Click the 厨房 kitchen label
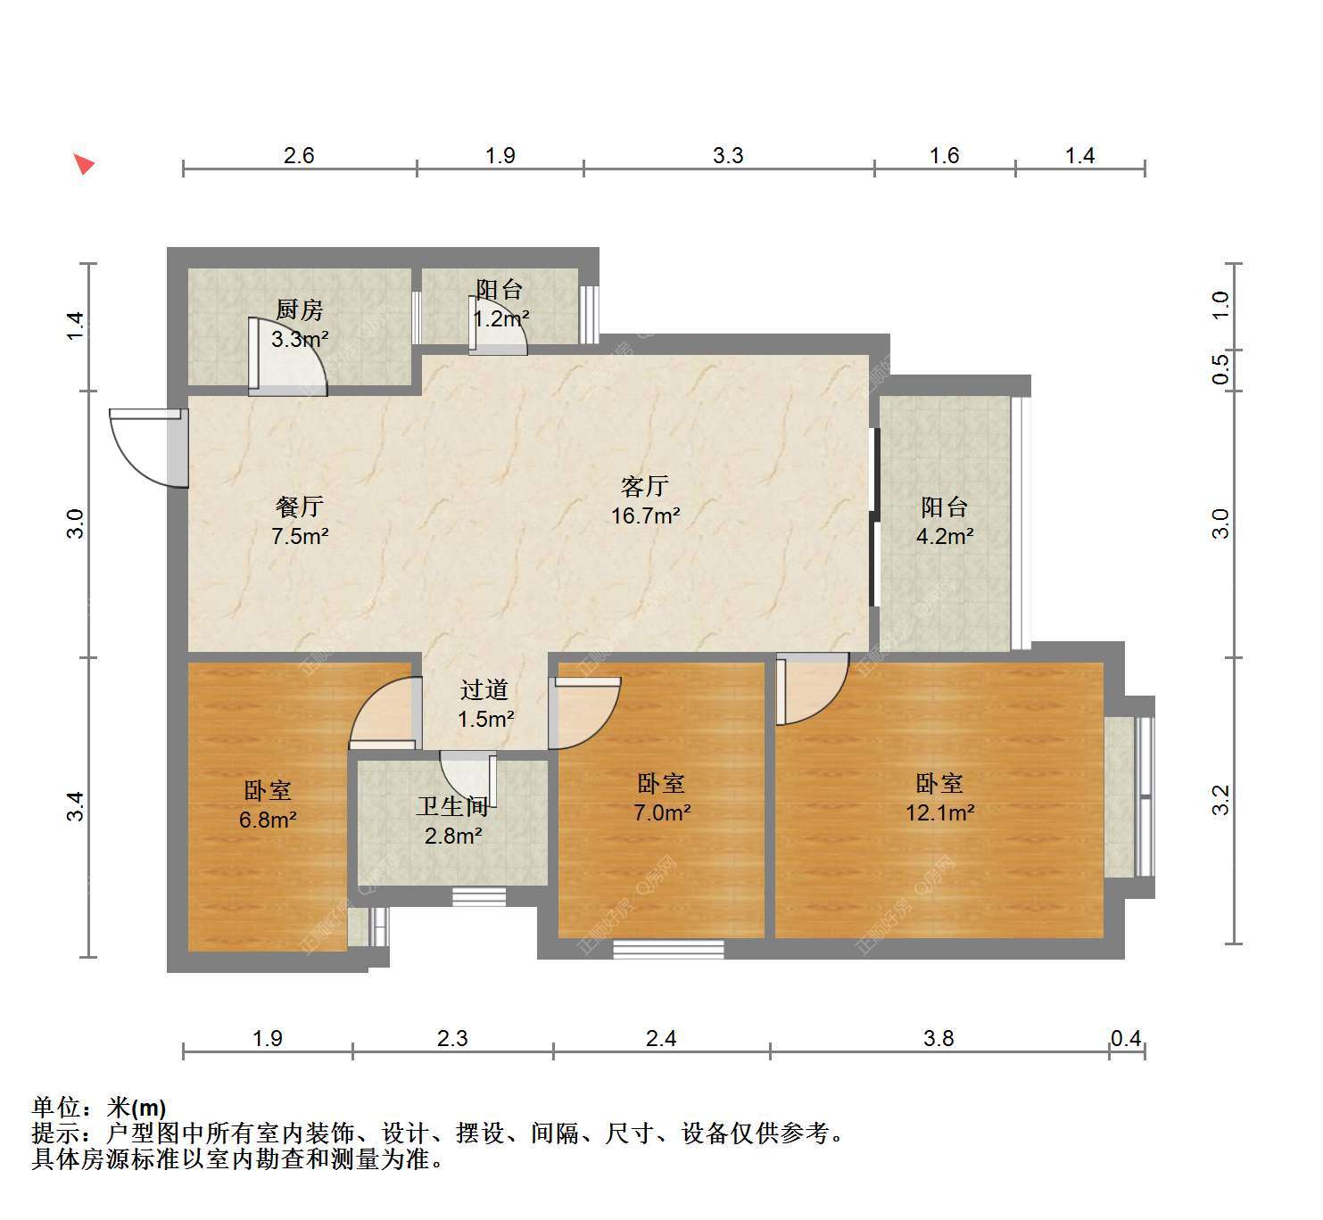click(299, 309)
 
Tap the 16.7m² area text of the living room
click(646, 515)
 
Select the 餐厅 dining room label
click(300, 507)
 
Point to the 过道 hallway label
click(484, 690)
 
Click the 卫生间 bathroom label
click(453, 806)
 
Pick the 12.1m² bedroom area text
click(940, 812)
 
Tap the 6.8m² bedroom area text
click(268, 820)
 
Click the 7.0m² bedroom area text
click(662, 812)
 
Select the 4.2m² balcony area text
click(945, 536)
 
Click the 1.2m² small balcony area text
click(501, 318)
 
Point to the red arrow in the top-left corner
click(84, 164)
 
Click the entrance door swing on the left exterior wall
click(149, 448)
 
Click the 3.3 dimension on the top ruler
click(727, 155)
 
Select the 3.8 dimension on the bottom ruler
click(939, 1038)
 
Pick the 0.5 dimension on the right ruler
click(1220, 369)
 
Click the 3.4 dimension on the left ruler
click(75, 806)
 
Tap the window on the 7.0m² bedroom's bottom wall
click(668, 949)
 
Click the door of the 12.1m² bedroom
click(813, 688)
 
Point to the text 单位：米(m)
click(99, 1108)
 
